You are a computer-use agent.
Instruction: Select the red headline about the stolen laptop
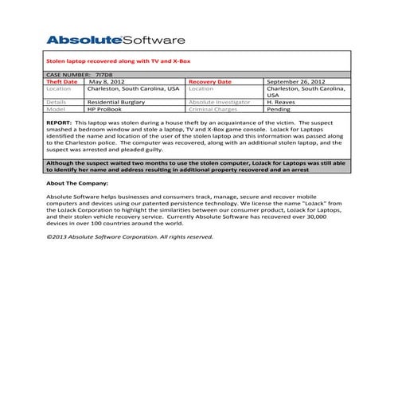[x=119, y=61]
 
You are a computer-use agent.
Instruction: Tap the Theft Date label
[x=62, y=81]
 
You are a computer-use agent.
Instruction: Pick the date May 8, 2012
[x=107, y=81]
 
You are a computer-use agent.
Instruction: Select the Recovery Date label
[x=210, y=81]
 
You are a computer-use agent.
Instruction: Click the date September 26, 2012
[x=296, y=81]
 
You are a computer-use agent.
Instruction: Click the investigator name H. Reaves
[x=282, y=102]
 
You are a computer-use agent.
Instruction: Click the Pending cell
[x=279, y=109]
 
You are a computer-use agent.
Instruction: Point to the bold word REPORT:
[x=60, y=123]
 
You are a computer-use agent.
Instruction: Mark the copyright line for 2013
[x=130, y=236]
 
